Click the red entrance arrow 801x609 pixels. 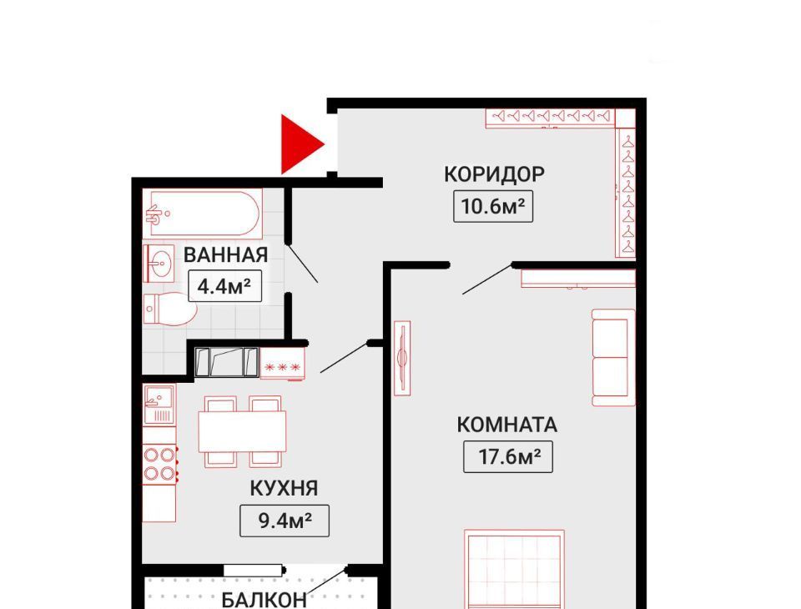tap(299, 144)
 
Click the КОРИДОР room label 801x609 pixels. tap(494, 174)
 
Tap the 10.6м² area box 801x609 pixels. tap(493, 206)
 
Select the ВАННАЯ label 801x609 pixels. tap(226, 254)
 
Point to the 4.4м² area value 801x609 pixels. tap(224, 286)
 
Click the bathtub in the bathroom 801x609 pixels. tap(202, 214)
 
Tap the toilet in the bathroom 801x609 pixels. tap(170, 309)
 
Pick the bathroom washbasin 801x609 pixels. tap(159, 263)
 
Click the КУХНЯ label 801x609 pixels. tap(284, 488)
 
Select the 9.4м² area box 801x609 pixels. tap(285, 521)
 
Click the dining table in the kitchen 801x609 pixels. tap(242, 431)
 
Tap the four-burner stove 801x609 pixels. tap(160, 464)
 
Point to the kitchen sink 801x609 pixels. tap(159, 405)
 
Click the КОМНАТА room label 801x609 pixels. tap(506, 425)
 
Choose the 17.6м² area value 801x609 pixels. tap(508, 457)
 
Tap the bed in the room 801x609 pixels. tap(515, 569)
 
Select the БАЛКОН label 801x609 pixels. tap(264, 599)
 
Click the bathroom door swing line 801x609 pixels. tap(303, 264)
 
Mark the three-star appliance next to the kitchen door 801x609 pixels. tap(283, 364)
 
